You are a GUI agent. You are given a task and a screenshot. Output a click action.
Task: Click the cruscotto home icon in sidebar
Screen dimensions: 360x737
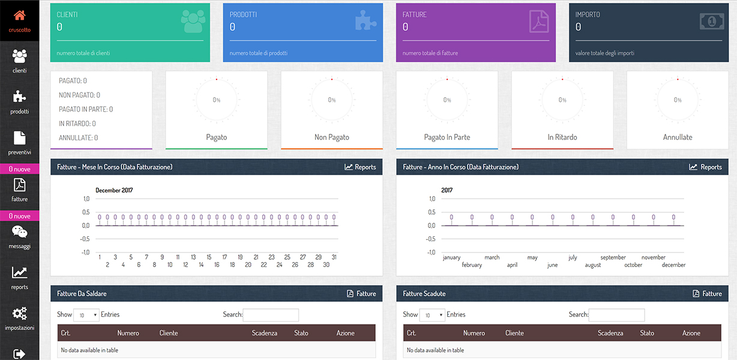tap(19, 16)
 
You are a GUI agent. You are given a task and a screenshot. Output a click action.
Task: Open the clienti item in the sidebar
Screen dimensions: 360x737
tap(19, 56)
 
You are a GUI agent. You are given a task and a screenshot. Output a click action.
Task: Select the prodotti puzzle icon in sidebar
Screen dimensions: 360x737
tap(19, 97)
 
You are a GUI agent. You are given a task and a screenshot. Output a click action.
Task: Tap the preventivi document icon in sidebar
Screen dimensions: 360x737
tap(19, 138)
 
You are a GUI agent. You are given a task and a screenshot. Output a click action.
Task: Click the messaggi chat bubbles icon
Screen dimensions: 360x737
tap(19, 232)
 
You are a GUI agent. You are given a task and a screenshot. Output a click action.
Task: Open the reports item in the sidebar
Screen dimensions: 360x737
tap(19, 273)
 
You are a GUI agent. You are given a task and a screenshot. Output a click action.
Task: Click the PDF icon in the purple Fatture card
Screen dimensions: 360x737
tap(538, 22)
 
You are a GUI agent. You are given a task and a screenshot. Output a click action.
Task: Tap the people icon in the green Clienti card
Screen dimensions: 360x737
tap(193, 22)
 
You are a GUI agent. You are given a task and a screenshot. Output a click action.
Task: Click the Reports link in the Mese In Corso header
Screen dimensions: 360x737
tap(360, 167)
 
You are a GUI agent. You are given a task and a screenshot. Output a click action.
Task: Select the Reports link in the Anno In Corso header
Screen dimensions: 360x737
tap(706, 167)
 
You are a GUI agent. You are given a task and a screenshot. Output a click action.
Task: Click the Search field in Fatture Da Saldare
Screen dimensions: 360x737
tap(271, 315)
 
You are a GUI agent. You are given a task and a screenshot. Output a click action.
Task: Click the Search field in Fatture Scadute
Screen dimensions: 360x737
tap(616, 315)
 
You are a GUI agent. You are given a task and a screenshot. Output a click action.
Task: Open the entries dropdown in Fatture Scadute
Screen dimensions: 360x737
tap(432, 315)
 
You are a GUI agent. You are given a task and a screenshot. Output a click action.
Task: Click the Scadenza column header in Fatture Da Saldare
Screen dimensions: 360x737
tap(265, 333)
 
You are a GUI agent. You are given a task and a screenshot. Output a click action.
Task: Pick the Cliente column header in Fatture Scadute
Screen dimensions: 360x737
tap(514, 333)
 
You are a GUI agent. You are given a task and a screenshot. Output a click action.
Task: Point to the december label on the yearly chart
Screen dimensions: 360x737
tap(673, 265)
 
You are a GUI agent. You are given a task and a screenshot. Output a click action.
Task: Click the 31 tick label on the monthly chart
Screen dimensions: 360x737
tap(334, 257)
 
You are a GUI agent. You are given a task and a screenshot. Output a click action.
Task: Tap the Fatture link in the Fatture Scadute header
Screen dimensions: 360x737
tap(707, 293)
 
